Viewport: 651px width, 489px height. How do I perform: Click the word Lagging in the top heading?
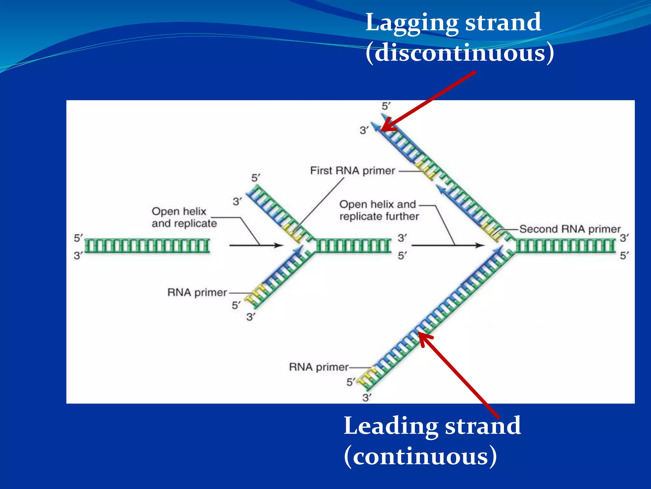coord(412,23)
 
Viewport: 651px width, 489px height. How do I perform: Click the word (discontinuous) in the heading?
coord(460,53)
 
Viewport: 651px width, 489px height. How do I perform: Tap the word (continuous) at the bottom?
coord(420,456)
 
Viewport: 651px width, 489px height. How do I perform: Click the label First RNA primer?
coord(352,171)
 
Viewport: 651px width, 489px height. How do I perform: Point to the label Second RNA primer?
coord(570,229)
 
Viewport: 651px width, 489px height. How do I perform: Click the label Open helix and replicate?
coord(184,217)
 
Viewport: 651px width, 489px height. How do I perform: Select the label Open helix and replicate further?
coord(379,210)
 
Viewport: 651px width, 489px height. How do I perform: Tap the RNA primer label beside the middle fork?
coord(197,292)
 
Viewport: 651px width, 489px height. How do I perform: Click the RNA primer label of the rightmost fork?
coord(319,367)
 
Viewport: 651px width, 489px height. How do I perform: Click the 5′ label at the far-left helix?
coord(78,238)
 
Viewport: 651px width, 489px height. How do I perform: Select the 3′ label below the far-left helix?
coord(78,255)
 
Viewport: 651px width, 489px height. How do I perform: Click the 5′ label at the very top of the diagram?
coord(386,106)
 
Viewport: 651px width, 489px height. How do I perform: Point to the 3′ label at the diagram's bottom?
coord(367,398)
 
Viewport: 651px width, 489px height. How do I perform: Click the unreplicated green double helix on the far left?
coord(147,246)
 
